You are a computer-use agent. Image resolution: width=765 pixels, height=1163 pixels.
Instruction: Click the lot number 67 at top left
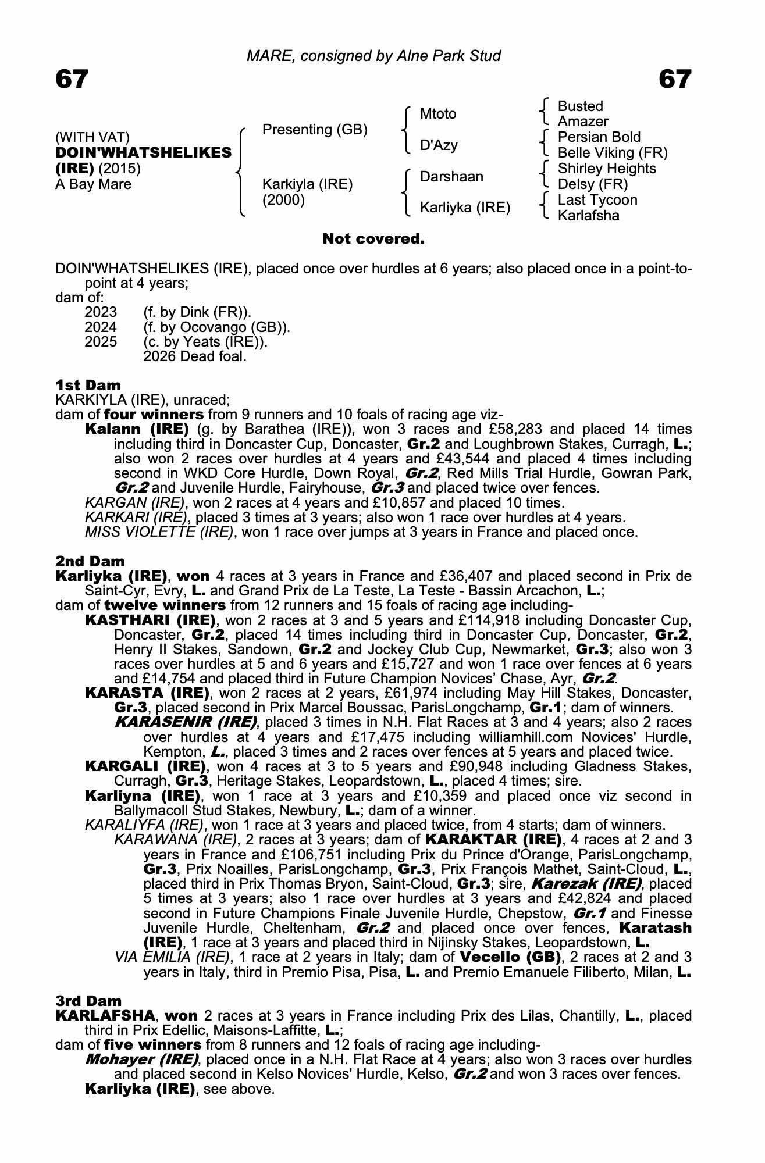click(x=72, y=79)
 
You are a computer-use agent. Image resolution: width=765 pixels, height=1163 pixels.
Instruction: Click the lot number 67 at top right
click(x=675, y=79)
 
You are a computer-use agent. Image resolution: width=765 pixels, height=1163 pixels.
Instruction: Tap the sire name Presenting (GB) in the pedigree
click(x=315, y=129)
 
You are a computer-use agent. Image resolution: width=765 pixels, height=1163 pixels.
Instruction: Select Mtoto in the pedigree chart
click(x=438, y=114)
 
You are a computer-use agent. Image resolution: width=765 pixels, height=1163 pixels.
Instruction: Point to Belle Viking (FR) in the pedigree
click(x=613, y=153)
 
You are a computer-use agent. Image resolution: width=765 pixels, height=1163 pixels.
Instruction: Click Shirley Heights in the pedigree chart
click(x=607, y=169)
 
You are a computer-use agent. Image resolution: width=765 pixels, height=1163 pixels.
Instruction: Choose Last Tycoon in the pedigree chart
click(x=597, y=200)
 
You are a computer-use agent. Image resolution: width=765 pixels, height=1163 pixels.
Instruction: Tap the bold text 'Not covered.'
click(x=373, y=238)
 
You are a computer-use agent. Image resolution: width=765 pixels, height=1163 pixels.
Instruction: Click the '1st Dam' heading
click(x=88, y=385)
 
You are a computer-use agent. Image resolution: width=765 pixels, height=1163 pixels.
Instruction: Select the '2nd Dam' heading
click(x=90, y=561)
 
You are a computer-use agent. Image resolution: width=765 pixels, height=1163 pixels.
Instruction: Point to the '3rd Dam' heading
click(x=89, y=1001)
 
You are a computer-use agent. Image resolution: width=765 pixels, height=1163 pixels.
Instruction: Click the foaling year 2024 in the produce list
click(x=101, y=327)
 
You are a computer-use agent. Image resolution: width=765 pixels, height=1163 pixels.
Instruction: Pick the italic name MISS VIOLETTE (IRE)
click(x=159, y=532)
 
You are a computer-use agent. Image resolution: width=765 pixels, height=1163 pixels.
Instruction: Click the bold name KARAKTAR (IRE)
click(x=493, y=840)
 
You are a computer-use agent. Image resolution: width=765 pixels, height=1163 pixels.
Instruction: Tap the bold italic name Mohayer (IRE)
click(x=142, y=1059)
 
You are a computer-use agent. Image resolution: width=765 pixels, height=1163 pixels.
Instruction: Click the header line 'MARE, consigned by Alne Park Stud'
click(x=373, y=56)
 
